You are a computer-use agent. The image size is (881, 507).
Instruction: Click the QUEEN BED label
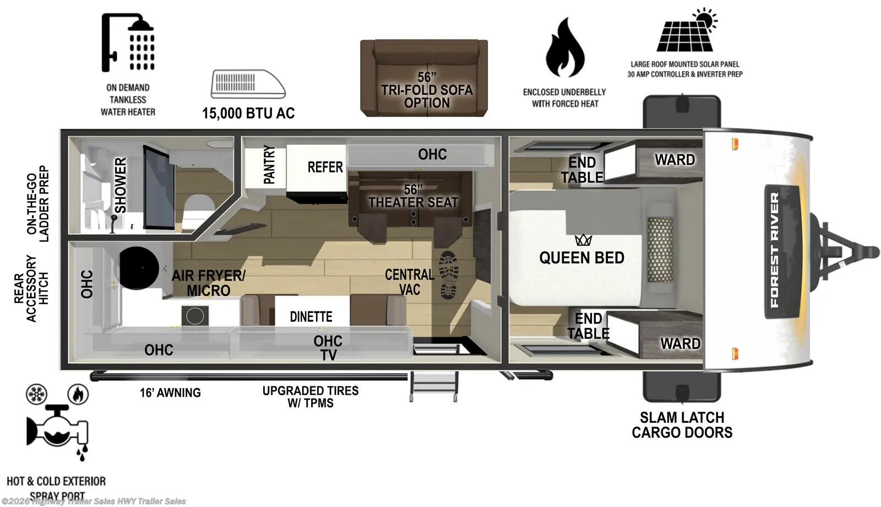click(581, 257)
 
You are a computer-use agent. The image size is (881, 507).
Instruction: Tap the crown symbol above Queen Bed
click(583, 240)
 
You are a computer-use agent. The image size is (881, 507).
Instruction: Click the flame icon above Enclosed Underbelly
click(565, 48)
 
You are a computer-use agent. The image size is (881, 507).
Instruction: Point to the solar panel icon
click(686, 31)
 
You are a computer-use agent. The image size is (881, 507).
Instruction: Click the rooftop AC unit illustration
click(248, 84)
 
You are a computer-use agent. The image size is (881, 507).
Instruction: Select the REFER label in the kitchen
click(325, 167)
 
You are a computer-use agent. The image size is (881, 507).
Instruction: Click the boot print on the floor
click(449, 275)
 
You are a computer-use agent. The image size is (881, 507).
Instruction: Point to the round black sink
click(139, 268)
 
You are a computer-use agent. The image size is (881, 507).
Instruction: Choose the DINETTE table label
click(311, 317)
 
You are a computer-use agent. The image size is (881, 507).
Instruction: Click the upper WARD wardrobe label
click(675, 160)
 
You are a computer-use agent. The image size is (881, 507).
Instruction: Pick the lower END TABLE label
click(588, 326)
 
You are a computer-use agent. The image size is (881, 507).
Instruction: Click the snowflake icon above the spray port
click(37, 394)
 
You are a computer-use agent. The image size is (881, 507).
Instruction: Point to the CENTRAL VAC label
click(409, 282)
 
